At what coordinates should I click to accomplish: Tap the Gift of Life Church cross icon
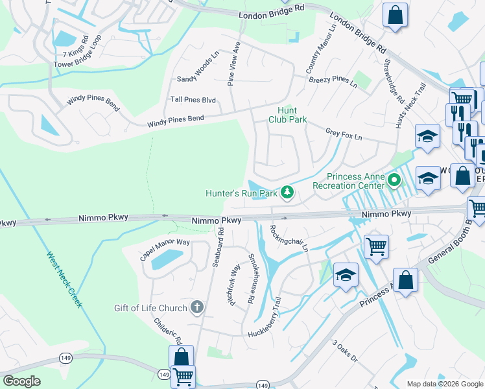click(x=197, y=307)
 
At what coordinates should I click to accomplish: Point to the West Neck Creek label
click(x=64, y=279)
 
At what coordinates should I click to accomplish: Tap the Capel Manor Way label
click(x=165, y=250)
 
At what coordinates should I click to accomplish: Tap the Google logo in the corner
click(x=21, y=381)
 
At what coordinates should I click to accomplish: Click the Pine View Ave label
click(x=235, y=64)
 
